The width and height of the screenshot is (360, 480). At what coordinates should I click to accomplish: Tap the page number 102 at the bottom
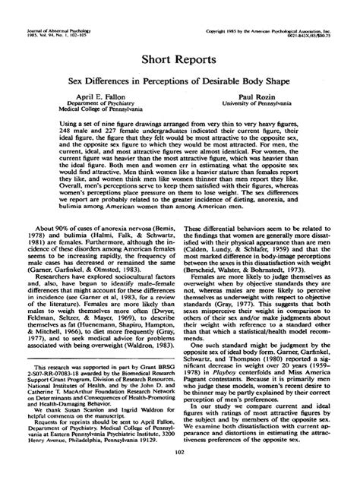[x=180, y=454]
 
